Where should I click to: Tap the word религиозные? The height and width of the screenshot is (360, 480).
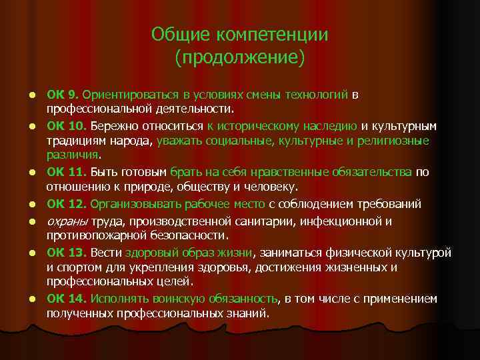click(x=393, y=141)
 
